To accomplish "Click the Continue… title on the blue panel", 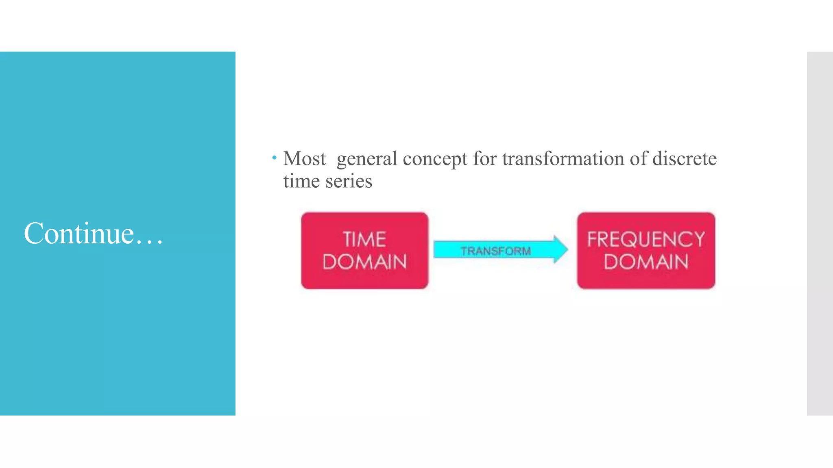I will point(93,234).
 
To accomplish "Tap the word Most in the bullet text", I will point(304,158).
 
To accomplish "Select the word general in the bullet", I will point(367,159).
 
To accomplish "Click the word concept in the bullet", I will point(435,159).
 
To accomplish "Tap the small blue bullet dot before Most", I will point(275,157).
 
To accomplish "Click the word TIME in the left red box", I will point(364,239).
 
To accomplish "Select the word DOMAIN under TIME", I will point(364,262).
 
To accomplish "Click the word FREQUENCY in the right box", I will point(645,239).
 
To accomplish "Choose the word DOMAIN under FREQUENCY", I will point(645,262).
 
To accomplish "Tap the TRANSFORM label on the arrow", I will point(495,251).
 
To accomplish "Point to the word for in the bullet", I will point(485,158).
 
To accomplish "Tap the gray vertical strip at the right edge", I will point(820,234).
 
